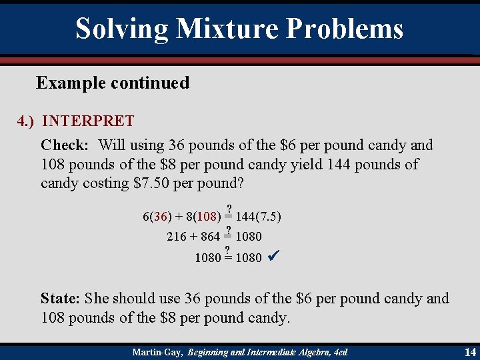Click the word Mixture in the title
coord(227,29)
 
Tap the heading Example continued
coord(113,83)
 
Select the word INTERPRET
coord(88,121)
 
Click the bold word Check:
coord(65,145)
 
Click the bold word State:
coord(62,299)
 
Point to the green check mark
coord(271,256)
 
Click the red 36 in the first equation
coord(159,217)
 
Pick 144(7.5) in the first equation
coord(258,217)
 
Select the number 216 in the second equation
coord(176,237)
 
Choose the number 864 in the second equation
coord(210,237)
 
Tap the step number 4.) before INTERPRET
coord(27,121)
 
